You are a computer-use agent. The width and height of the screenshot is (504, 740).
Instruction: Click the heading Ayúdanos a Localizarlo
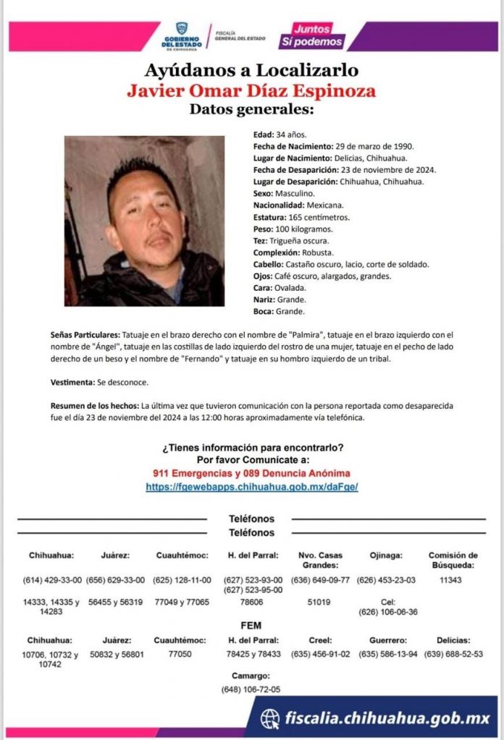coord(251,71)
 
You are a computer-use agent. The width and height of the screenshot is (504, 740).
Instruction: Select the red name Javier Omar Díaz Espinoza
coord(251,92)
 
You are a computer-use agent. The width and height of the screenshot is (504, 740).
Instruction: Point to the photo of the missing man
coord(144,221)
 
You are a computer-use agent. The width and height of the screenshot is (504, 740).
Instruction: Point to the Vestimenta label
coord(71,381)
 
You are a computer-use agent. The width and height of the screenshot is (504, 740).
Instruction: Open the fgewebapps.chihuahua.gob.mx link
coord(251,487)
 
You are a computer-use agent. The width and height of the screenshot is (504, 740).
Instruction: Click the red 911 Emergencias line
coord(251,473)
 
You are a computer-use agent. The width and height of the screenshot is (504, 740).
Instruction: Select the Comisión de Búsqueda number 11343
coord(452,580)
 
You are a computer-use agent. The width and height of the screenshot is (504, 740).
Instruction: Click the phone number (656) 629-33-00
coord(115,580)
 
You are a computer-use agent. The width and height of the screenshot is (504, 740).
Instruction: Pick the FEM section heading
coord(251,625)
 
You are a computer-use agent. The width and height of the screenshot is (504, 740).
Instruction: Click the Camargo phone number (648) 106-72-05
coord(251,689)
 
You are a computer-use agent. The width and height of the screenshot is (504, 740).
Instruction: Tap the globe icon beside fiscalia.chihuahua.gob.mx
coord(271,718)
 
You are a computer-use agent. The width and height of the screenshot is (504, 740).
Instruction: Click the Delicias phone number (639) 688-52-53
coord(453,654)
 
